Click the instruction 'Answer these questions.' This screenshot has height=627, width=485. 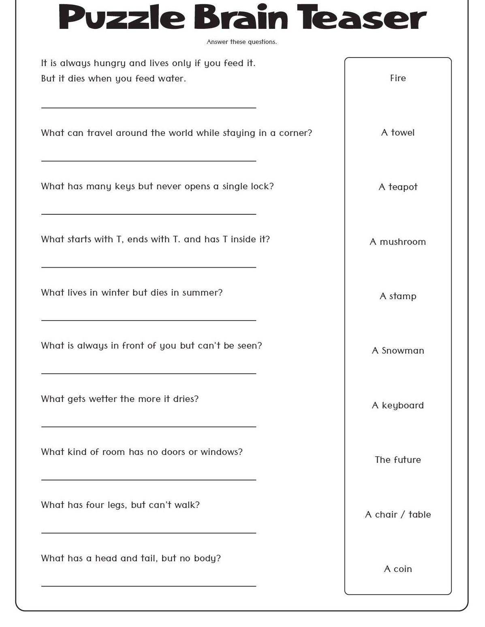[242, 42]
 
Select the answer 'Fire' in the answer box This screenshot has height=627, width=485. [398, 78]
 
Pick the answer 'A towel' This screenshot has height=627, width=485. [398, 133]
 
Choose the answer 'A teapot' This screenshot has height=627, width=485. [398, 187]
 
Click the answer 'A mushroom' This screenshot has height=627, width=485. [398, 242]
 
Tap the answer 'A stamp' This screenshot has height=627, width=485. [398, 296]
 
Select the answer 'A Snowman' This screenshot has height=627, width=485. [398, 351]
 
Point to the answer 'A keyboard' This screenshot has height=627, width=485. [398, 405]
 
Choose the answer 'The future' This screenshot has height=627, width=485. [398, 460]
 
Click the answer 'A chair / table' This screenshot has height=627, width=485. [398, 514]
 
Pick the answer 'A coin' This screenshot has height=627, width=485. [398, 569]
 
